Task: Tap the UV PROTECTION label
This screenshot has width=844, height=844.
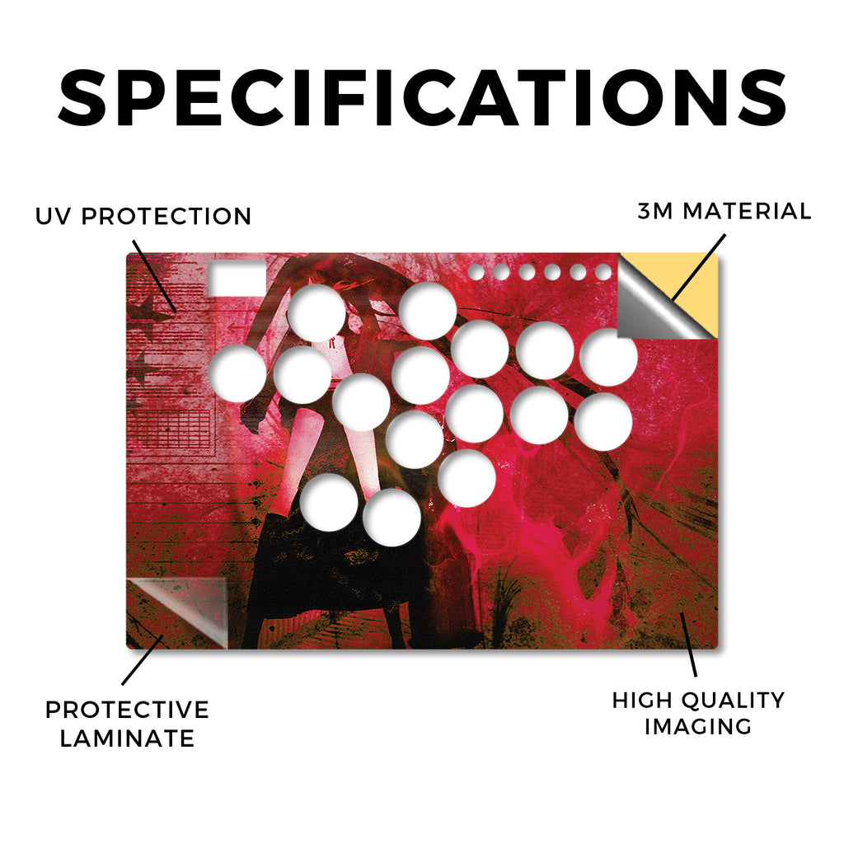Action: [x=143, y=217]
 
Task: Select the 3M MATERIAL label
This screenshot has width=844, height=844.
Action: [x=724, y=211]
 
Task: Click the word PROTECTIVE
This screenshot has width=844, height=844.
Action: [x=127, y=710]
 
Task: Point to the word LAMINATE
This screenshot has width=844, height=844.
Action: [x=127, y=738]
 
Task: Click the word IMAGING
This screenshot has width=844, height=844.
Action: [x=698, y=726]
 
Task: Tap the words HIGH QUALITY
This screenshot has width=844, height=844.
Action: [x=698, y=701]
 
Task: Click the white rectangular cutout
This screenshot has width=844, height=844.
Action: [x=237, y=279]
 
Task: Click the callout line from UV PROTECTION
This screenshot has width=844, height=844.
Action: [x=154, y=276]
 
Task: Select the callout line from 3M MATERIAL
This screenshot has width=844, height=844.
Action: [x=698, y=268]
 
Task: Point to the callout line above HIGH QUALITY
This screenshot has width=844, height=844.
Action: [x=688, y=645]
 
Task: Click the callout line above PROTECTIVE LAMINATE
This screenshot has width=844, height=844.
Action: [x=142, y=660]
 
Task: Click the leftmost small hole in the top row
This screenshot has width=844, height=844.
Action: [x=476, y=272]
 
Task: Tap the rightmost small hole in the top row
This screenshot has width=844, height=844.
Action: [x=603, y=272]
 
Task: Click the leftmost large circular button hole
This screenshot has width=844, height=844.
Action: [x=237, y=373]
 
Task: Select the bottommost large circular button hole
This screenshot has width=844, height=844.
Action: [x=392, y=518]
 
